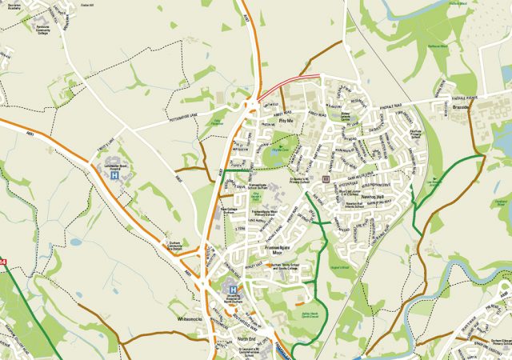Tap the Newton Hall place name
tap(374, 195)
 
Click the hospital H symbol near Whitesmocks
tap(233, 290)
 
